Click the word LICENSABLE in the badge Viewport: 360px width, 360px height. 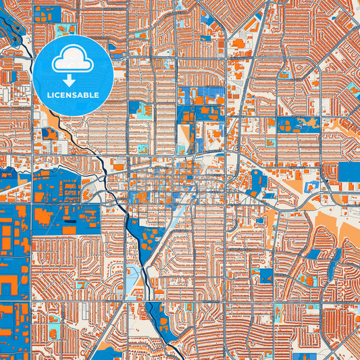pyautogui.click(x=73, y=95)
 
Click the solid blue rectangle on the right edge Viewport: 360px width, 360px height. pyautogui.click(x=349, y=172)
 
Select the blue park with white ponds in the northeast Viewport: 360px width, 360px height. pyautogui.click(x=297, y=124)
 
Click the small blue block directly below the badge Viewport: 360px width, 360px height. pyautogui.click(x=50, y=133)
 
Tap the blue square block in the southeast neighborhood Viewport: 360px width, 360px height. pyautogui.click(x=265, y=276)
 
